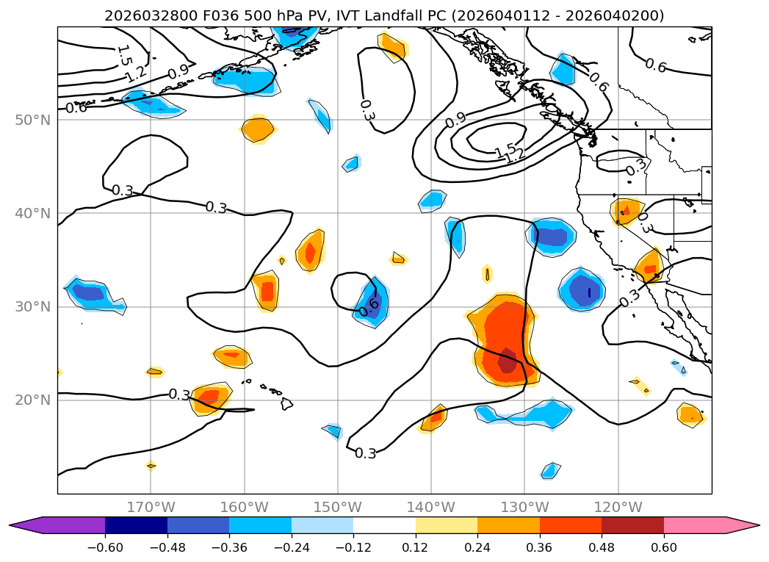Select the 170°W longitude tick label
coord(151,508)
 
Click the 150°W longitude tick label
coord(338,508)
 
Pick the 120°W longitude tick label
coord(618,508)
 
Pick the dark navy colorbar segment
coord(136,525)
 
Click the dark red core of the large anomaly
coord(508,362)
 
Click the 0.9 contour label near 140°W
coord(455,118)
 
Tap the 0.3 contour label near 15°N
coord(366,453)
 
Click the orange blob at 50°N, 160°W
coord(258,129)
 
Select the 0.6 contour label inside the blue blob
coord(369,306)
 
